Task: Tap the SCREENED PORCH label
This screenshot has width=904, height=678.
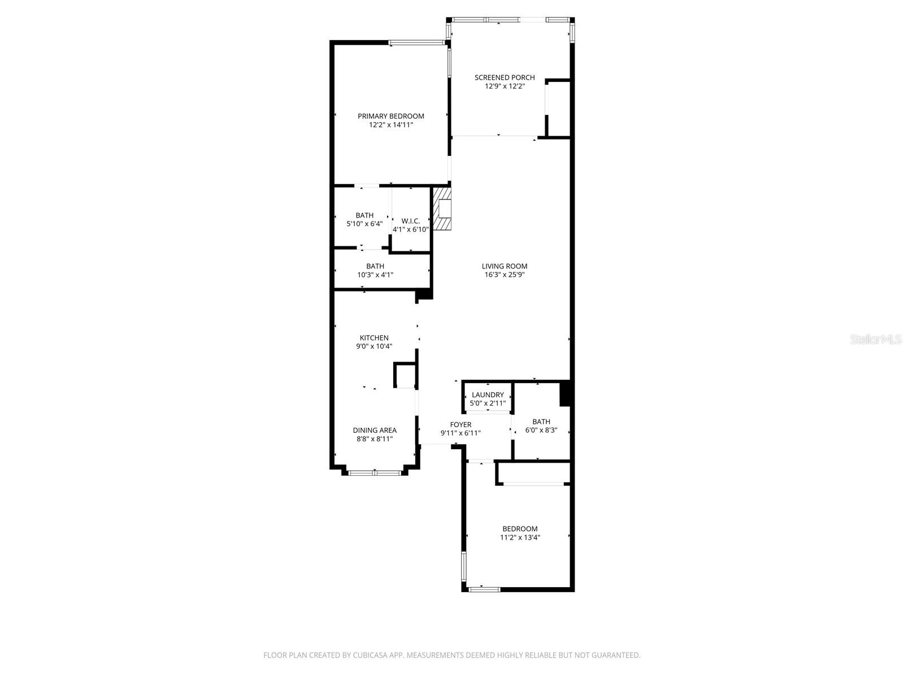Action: [505, 77]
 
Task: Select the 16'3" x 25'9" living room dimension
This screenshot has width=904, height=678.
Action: [505, 275]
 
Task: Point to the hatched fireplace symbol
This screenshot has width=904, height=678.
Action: [443, 210]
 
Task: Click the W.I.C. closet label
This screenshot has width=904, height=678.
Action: [411, 220]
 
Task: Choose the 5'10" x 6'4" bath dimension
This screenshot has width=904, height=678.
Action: [364, 224]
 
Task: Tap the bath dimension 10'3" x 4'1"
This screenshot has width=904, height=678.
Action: [375, 275]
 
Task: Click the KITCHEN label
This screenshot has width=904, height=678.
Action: [374, 338]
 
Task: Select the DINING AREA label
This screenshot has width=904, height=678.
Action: [375, 430]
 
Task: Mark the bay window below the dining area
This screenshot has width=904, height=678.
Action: [375, 472]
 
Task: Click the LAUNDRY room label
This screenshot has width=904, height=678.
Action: [488, 395]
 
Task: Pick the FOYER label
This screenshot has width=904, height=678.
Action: [460, 425]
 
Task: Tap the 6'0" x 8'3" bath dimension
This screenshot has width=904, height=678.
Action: [541, 431]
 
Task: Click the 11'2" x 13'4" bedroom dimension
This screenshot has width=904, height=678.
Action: [520, 538]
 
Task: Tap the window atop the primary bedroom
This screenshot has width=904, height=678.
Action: [416, 42]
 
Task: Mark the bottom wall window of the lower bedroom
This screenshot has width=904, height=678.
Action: [484, 589]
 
